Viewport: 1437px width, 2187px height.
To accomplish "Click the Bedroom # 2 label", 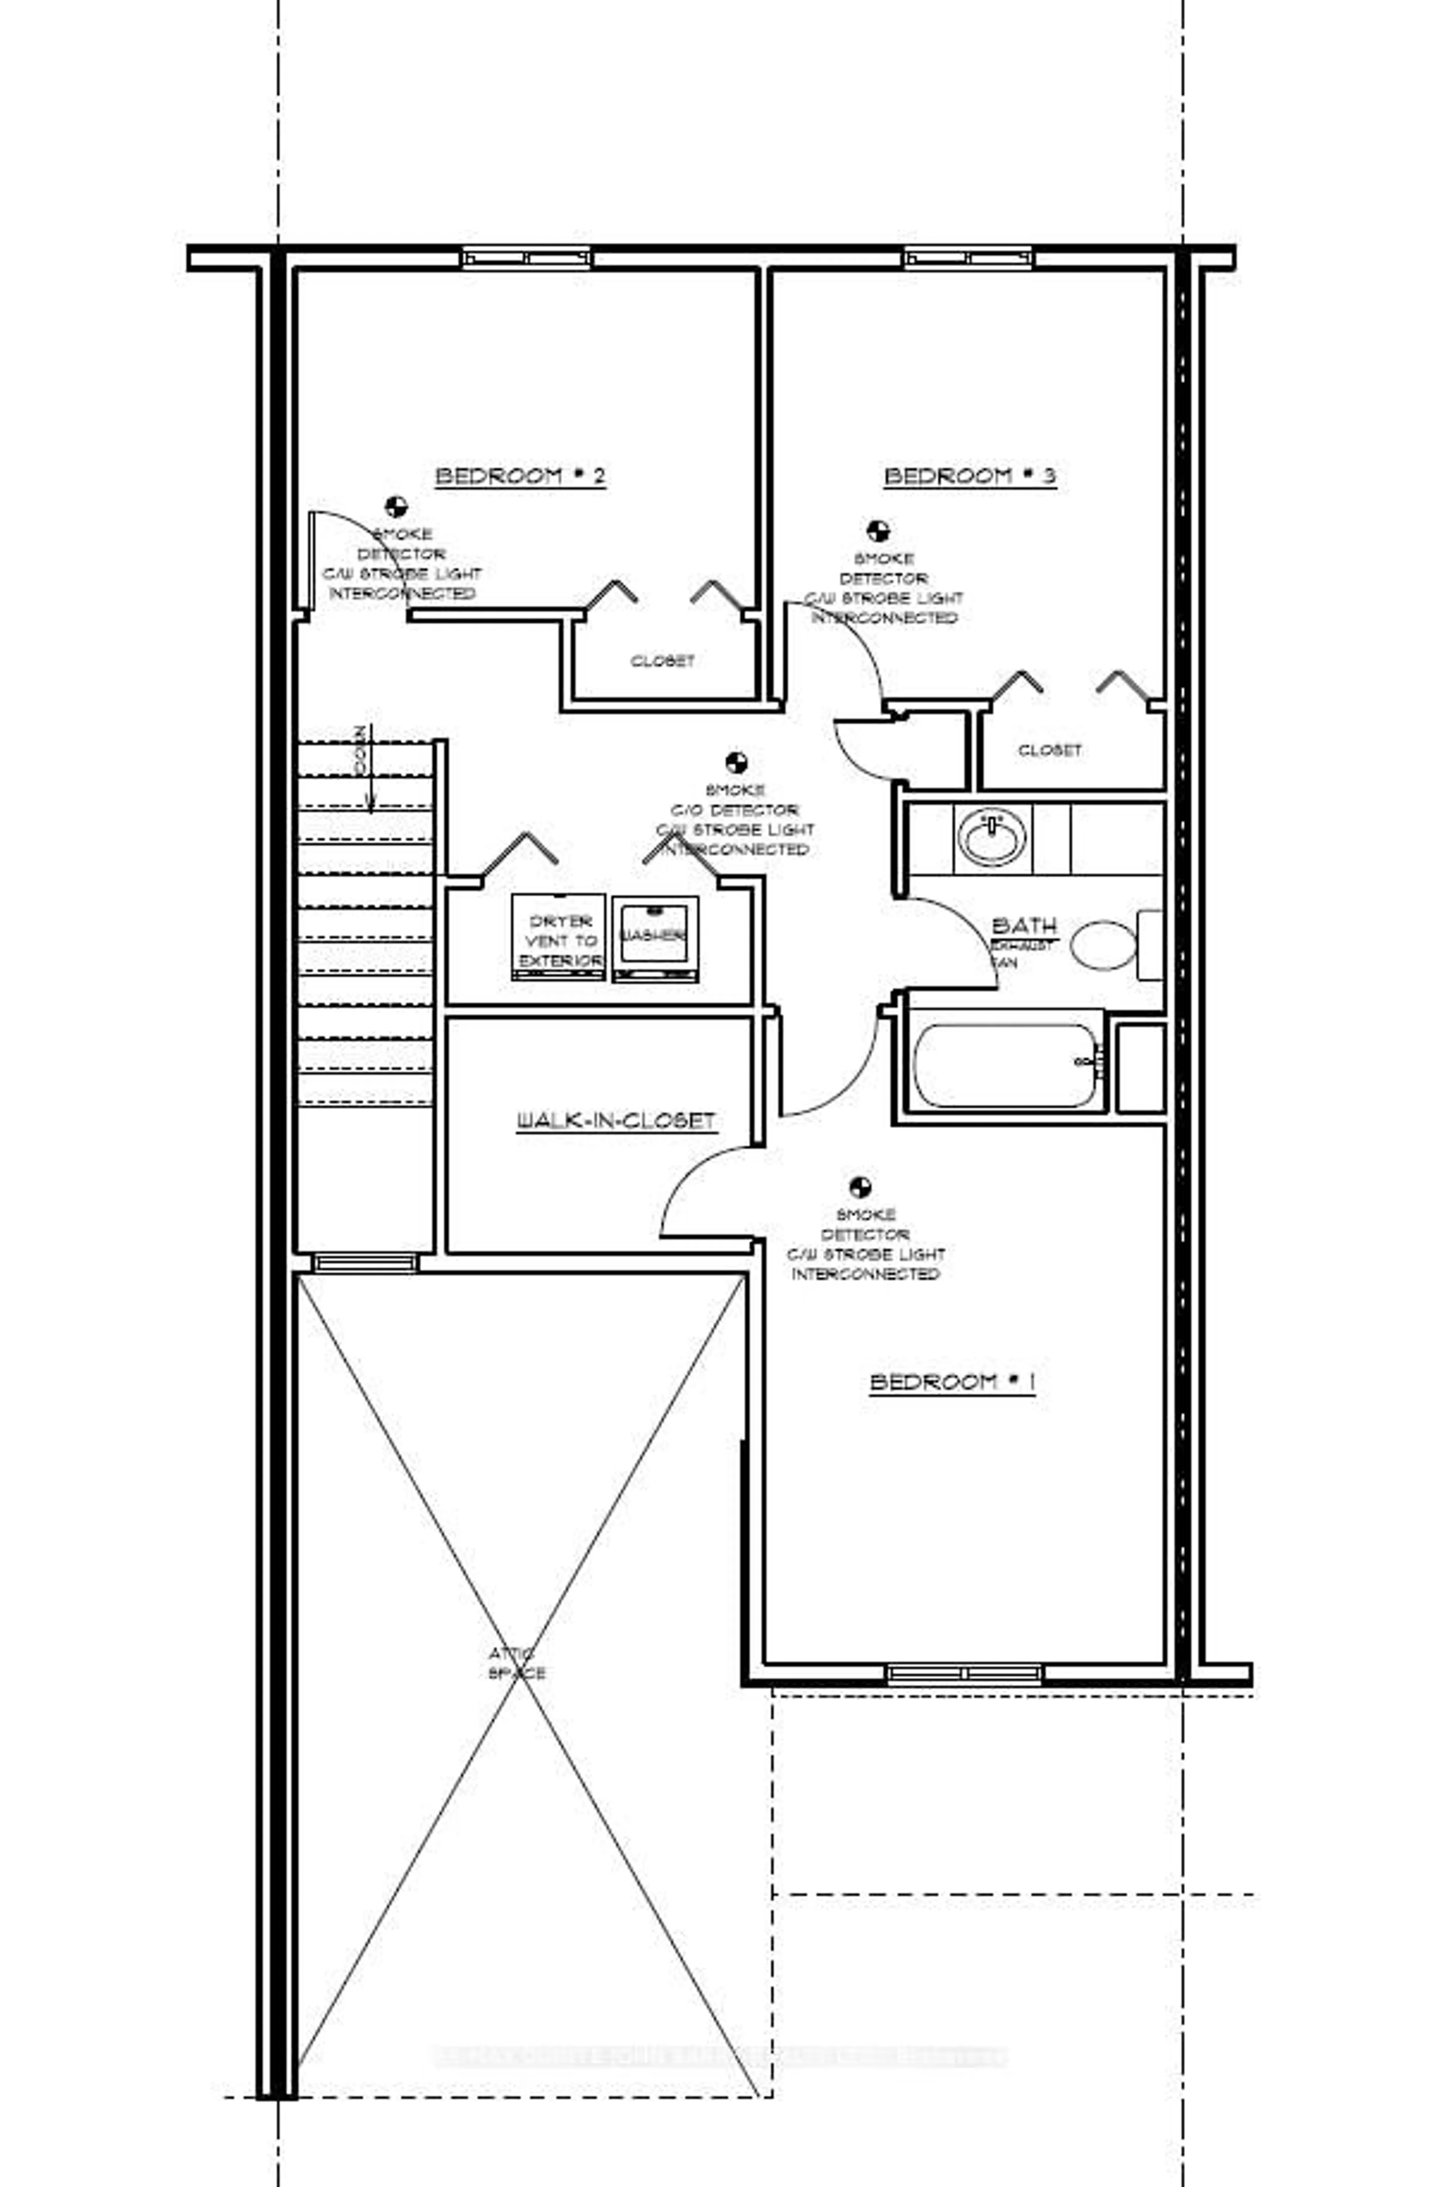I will (x=520, y=476).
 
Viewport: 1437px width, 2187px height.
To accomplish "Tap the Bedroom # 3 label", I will (x=969, y=476).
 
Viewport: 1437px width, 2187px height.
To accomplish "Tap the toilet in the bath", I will (x=1104, y=945).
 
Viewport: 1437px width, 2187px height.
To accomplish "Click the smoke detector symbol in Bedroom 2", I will (x=396, y=506).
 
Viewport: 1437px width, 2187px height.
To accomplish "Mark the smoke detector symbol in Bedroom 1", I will (x=860, y=1187).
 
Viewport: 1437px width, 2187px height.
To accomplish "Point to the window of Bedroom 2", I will (x=527, y=258).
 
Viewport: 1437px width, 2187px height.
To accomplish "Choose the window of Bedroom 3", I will (x=968, y=258).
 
